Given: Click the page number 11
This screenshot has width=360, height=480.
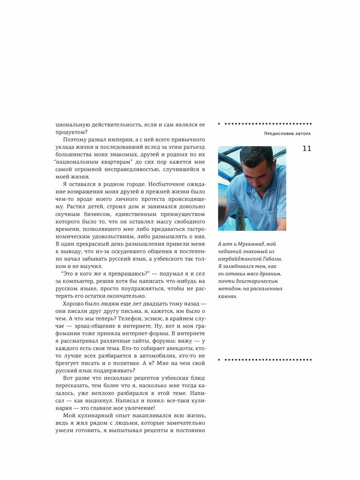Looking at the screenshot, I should tap(306, 149).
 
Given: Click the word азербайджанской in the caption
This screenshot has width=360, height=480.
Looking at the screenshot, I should tap(239, 259).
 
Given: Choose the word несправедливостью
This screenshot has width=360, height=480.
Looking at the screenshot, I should tap(129, 170).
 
